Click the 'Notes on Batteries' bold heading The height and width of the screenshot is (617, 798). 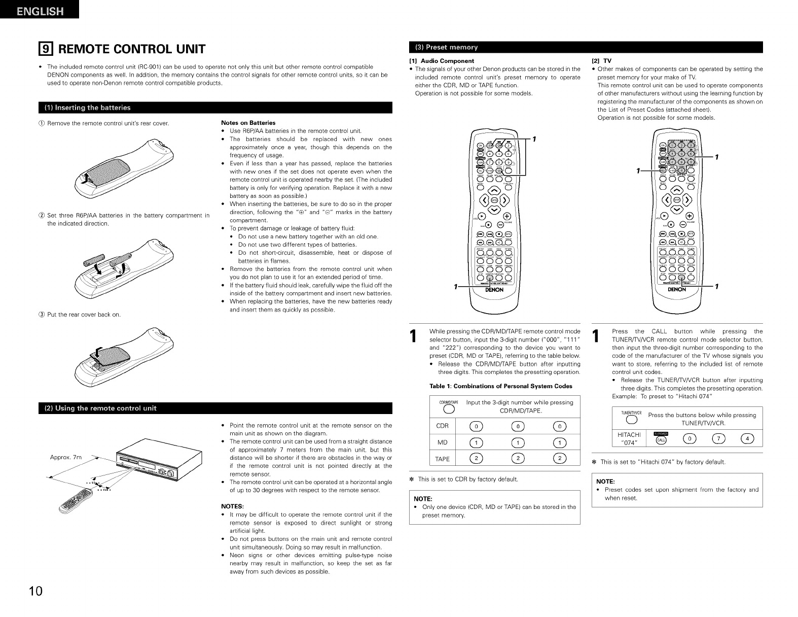(248, 123)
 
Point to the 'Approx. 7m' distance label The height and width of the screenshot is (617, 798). (66, 458)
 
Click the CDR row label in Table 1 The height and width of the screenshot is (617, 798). (443, 426)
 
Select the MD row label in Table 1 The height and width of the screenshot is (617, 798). (443, 442)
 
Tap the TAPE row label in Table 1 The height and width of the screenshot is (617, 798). (443, 459)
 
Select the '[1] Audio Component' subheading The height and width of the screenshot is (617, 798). (442, 61)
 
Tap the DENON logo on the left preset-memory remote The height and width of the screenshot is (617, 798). (494, 290)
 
